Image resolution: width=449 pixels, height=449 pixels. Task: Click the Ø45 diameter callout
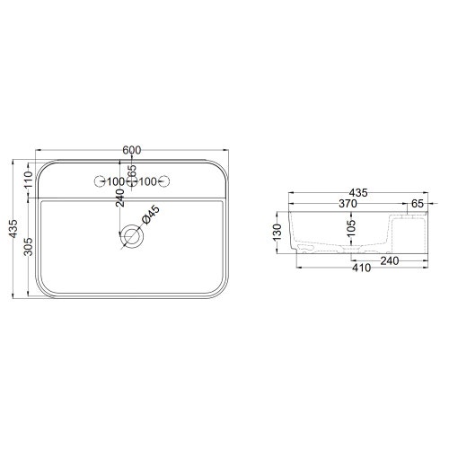pos(152,215)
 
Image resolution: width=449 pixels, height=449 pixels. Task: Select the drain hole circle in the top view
pos(133,237)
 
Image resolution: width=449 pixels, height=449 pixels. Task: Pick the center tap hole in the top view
pos(133,182)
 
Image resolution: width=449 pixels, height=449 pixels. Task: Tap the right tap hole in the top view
pos(166,182)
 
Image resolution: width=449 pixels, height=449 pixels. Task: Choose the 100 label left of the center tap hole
pos(116,182)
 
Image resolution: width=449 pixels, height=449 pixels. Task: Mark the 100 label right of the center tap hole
pos(149,182)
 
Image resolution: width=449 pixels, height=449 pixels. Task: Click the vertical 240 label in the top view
pos(120,199)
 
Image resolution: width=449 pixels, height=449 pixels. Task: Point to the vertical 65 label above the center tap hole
pos(133,170)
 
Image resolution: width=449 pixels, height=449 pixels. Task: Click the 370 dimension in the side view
pos(348,205)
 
